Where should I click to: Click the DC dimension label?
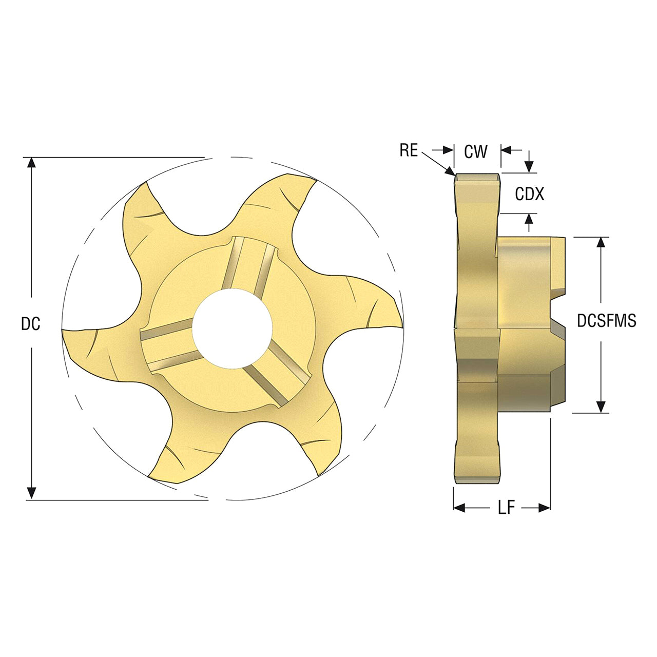point(31,324)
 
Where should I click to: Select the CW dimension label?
point(476,151)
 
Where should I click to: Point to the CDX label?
point(530,194)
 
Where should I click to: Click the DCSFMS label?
point(607,321)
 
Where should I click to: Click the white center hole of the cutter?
point(232,328)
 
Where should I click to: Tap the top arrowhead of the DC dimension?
point(31,163)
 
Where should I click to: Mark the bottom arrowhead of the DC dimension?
point(31,494)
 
